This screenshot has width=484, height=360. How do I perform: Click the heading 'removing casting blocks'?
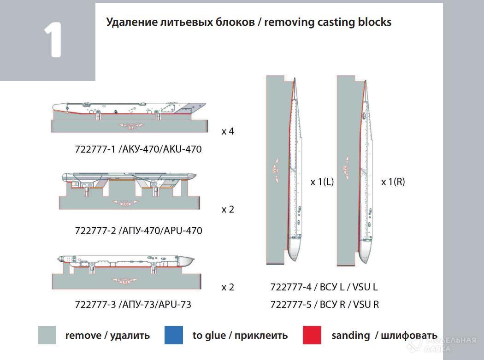pyautogui.click(x=327, y=22)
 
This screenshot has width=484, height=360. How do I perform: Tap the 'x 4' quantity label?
pyautogui.click(x=228, y=131)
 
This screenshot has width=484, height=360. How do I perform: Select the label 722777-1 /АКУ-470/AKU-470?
pyautogui.click(x=138, y=149)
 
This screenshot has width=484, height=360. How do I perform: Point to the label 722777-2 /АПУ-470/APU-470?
pyautogui.click(x=138, y=230)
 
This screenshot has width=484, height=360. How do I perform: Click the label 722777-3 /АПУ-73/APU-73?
pyautogui.click(x=133, y=304)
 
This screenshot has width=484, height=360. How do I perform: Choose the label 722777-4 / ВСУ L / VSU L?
pyautogui.click(x=324, y=287)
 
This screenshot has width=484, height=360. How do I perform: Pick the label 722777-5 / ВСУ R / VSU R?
pyautogui.click(x=325, y=304)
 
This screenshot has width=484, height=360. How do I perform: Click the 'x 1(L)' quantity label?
pyautogui.click(x=322, y=182)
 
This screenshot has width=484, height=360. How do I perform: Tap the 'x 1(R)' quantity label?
pyautogui.click(x=393, y=182)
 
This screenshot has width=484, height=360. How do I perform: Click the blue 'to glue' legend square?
pyautogui.click(x=173, y=335)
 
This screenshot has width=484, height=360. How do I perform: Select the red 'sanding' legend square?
pyautogui.click(x=312, y=335)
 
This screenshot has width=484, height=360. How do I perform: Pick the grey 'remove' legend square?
pyautogui.click(x=47, y=335)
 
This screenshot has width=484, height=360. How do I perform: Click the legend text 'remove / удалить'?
pyautogui.click(x=107, y=336)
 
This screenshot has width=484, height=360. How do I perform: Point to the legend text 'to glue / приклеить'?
pyautogui.click(x=240, y=336)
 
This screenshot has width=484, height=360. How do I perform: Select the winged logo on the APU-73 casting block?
pyautogui.click(x=123, y=280)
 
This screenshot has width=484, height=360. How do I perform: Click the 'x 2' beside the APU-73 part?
pyautogui.click(x=228, y=287)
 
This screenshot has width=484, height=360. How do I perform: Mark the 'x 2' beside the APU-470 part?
pyautogui.click(x=228, y=209)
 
